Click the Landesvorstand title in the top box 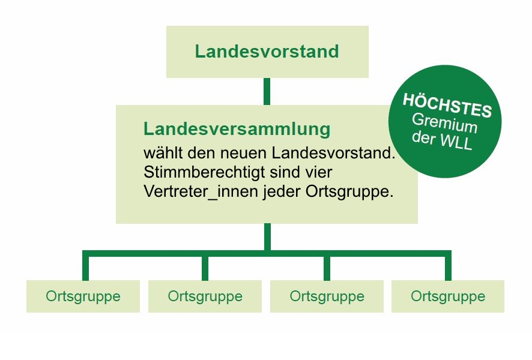[267, 52]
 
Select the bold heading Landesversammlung [237, 129]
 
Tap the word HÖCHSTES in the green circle [447, 105]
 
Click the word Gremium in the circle [445, 123]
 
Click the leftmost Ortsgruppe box [83, 296]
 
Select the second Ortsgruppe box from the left [205, 296]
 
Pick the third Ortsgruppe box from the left [327, 296]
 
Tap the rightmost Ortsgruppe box [448, 296]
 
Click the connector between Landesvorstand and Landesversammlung [267, 92]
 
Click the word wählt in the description [163, 153]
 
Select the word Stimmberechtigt [199, 172]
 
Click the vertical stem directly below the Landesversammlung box [267, 237]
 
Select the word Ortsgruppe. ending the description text [349, 192]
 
